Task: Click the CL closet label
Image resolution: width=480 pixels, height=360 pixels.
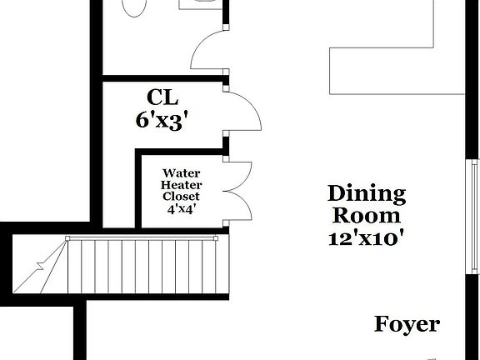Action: tap(162, 94)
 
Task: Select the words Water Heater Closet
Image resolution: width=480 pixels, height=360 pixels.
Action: tap(181, 186)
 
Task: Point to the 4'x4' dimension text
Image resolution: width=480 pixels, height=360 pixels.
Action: tap(181, 209)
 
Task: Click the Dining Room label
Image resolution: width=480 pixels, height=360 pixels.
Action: tap(367, 204)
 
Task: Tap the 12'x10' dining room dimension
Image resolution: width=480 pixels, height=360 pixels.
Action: tap(367, 237)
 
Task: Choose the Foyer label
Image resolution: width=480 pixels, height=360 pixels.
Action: tap(407, 324)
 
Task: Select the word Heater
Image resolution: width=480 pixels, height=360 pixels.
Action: tap(181, 186)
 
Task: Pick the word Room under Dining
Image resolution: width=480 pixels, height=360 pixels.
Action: tap(367, 215)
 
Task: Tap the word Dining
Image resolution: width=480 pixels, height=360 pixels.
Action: tap(367, 194)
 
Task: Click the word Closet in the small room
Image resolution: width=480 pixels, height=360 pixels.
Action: tap(181, 197)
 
